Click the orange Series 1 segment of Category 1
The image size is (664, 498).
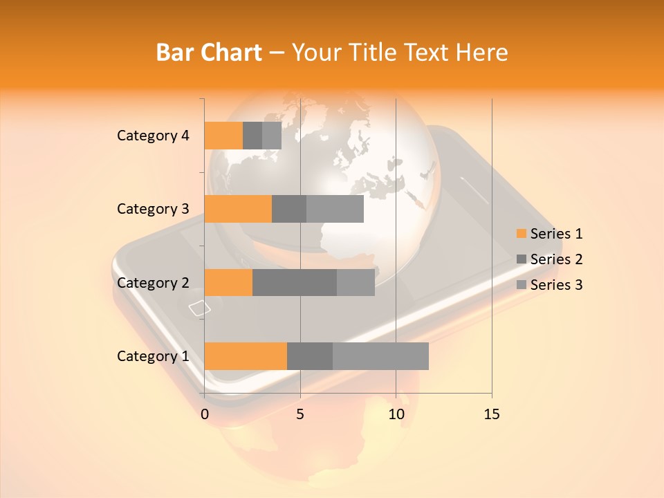click(x=246, y=356)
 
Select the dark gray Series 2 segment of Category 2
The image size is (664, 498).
click(x=295, y=282)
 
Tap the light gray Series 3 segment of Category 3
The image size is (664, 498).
click(x=335, y=209)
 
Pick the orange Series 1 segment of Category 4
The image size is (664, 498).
click(x=223, y=136)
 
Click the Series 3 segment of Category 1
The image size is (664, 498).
click(x=380, y=356)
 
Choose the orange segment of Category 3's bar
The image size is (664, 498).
click(x=238, y=209)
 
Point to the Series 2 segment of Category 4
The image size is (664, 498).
click(x=252, y=136)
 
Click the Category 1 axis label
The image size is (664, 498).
click(x=153, y=356)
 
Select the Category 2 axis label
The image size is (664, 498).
click(x=153, y=282)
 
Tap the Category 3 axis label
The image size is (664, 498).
click(x=153, y=209)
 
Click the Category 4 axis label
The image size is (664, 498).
click(x=153, y=136)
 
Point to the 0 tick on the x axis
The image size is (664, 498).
click(x=205, y=414)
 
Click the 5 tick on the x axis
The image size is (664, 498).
click(x=300, y=414)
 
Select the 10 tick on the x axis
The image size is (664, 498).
click(x=396, y=414)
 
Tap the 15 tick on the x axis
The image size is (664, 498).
click(x=491, y=414)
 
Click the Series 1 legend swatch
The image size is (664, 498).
click(x=521, y=234)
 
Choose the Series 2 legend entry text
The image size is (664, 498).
click(x=556, y=259)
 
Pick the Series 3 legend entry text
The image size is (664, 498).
click(x=556, y=285)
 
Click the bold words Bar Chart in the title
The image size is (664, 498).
click(x=209, y=52)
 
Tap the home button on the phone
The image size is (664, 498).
click(x=199, y=308)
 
